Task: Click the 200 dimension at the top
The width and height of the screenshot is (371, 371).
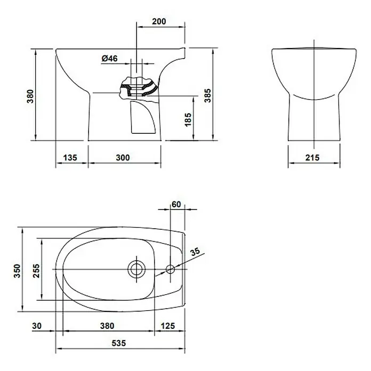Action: tap(159, 21)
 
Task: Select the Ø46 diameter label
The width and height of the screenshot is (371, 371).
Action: tap(109, 58)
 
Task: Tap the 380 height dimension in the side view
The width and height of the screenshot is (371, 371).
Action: tap(30, 96)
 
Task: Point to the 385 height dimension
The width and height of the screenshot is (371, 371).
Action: tap(207, 95)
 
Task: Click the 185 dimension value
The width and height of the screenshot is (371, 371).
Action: tap(188, 120)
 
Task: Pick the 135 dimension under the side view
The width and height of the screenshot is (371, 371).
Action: tap(70, 158)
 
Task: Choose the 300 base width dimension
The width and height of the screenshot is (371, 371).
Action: tap(123, 158)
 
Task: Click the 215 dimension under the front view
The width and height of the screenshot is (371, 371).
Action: tap(312, 158)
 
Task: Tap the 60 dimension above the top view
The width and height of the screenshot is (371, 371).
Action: tap(176, 204)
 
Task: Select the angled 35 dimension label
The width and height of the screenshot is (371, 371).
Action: tap(195, 252)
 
